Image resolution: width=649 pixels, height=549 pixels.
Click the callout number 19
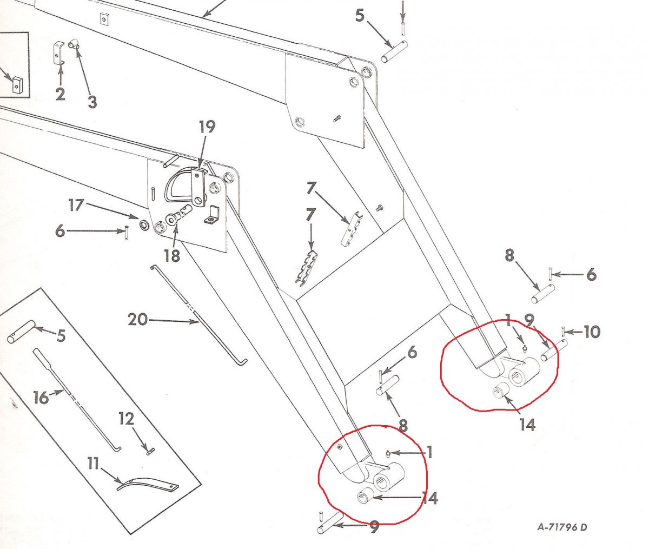tap(207, 127)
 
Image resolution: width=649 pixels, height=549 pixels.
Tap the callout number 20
tap(137, 320)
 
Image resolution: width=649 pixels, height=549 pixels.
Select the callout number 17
tap(76, 206)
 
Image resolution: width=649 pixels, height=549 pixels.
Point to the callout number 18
tap(172, 255)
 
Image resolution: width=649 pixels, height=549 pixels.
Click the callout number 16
tap(41, 398)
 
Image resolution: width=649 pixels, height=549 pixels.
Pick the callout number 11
tap(94, 464)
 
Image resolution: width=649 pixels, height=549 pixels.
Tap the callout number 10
tap(592, 332)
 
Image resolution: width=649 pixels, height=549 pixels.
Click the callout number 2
tap(60, 94)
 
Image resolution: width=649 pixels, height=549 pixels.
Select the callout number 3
tap(92, 101)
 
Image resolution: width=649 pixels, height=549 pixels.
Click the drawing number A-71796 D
tap(562, 527)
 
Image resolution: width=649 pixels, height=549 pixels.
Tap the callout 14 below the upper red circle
tap(527, 425)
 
